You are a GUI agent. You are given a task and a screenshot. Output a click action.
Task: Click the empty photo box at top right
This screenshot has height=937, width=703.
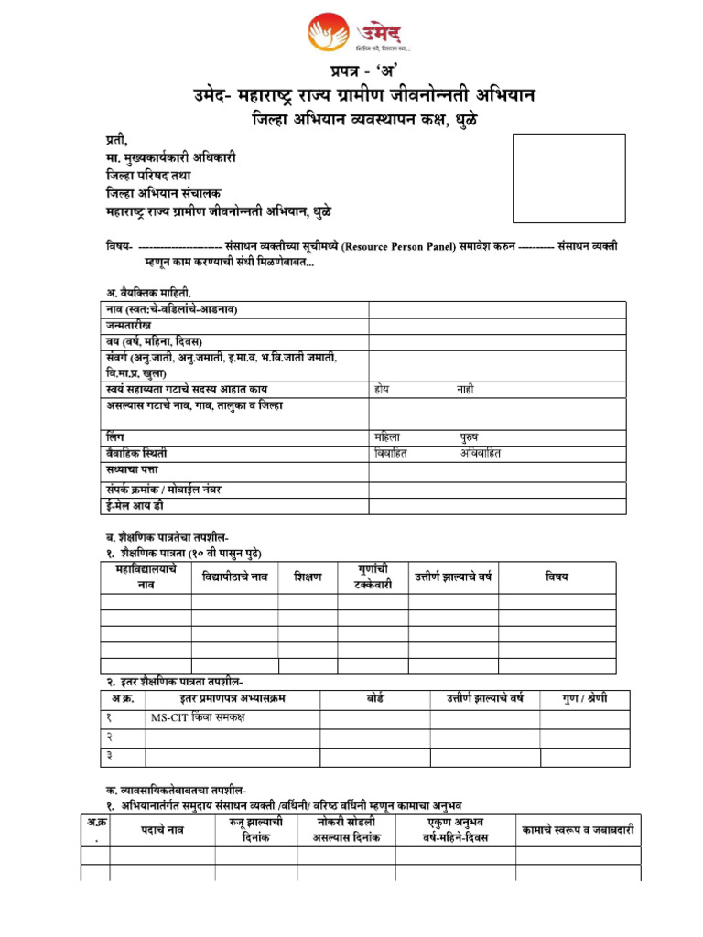click(x=568, y=178)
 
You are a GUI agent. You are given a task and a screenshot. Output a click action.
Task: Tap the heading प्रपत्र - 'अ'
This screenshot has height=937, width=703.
click(x=363, y=71)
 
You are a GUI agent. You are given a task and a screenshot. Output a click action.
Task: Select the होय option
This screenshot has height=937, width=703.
click(x=382, y=389)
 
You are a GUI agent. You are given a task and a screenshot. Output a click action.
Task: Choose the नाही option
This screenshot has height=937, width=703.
click(x=465, y=389)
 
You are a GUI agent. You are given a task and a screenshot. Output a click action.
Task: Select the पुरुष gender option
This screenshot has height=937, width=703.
click(x=469, y=436)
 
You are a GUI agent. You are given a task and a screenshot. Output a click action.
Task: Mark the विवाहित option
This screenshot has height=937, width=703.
click(x=391, y=453)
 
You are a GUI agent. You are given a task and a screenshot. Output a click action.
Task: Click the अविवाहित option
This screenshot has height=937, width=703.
click(x=481, y=453)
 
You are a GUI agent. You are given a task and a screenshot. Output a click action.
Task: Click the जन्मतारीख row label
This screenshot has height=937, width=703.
click(x=128, y=326)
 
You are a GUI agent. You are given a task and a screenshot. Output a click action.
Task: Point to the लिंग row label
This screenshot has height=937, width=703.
click(x=114, y=436)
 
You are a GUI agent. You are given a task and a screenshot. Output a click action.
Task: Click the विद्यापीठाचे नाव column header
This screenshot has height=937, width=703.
click(x=235, y=577)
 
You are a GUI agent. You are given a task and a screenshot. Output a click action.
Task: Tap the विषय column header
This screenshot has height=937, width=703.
click(x=557, y=576)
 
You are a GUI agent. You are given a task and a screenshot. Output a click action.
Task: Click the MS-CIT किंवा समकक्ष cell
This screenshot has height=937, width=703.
click(x=198, y=717)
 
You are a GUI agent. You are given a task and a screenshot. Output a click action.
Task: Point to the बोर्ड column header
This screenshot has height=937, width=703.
click(x=374, y=699)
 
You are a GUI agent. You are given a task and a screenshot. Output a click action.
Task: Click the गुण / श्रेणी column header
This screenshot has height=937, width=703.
click(x=584, y=699)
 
